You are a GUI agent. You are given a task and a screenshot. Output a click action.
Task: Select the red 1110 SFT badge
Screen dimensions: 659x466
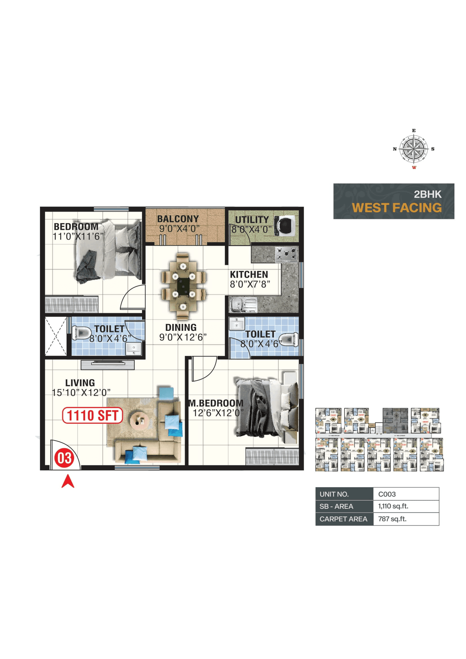92,416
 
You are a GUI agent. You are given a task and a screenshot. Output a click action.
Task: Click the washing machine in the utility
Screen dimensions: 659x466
285,225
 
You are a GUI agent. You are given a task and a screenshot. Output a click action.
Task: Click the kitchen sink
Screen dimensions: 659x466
242,305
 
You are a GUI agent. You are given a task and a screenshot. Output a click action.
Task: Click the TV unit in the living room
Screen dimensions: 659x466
108,364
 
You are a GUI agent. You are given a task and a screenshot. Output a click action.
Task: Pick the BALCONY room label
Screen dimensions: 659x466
178,219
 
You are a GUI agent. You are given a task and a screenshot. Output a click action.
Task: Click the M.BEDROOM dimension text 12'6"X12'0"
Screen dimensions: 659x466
217,413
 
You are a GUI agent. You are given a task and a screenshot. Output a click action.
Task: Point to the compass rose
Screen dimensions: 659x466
414,149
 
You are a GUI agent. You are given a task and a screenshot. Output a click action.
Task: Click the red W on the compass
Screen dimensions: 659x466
414,168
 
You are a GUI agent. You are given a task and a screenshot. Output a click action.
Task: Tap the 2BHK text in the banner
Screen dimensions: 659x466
427,194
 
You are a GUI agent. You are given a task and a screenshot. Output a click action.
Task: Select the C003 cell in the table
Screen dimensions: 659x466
387,494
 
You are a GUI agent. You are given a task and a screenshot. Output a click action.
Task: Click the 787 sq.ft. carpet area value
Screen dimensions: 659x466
392,519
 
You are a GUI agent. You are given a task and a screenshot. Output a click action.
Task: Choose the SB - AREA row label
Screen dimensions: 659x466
336,507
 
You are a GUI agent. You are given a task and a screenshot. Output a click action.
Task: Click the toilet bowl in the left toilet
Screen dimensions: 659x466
82,333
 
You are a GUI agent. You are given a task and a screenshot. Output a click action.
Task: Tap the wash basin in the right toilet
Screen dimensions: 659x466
237,323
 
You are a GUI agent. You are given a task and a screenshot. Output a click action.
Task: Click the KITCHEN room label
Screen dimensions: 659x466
249,274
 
